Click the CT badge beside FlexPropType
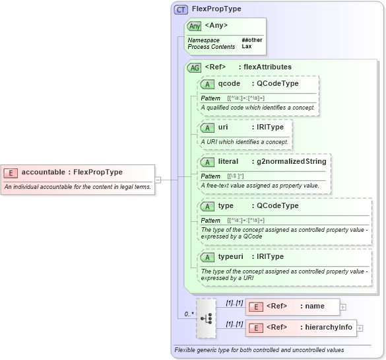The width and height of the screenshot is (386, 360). [x=181, y=9]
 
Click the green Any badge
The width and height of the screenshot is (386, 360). [x=194, y=26]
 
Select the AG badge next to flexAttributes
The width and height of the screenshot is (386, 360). [x=195, y=67]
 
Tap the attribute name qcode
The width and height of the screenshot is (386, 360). [x=229, y=84]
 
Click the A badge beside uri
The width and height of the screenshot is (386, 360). [x=208, y=127]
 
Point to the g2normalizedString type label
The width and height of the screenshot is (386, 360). [x=291, y=161]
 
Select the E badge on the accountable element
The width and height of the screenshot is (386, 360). [x=11, y=172]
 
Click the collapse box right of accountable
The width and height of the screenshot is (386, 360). [x=158, y=179]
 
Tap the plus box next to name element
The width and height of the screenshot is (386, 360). [x=343, y=306]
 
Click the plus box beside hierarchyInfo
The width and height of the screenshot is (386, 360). [x=360, y=328]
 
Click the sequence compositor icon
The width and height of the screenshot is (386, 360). [x=206, y=317]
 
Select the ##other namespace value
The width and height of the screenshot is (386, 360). [x=251, y=40]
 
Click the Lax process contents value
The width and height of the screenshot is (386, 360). [x=246, y=47]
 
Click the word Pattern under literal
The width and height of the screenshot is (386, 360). [x=210, y=176]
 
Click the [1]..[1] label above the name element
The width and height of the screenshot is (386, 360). [x=234, y=303]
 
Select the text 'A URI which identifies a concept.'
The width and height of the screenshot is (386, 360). [x=244, y=141]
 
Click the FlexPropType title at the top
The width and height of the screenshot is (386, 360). [x=216, y=9]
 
